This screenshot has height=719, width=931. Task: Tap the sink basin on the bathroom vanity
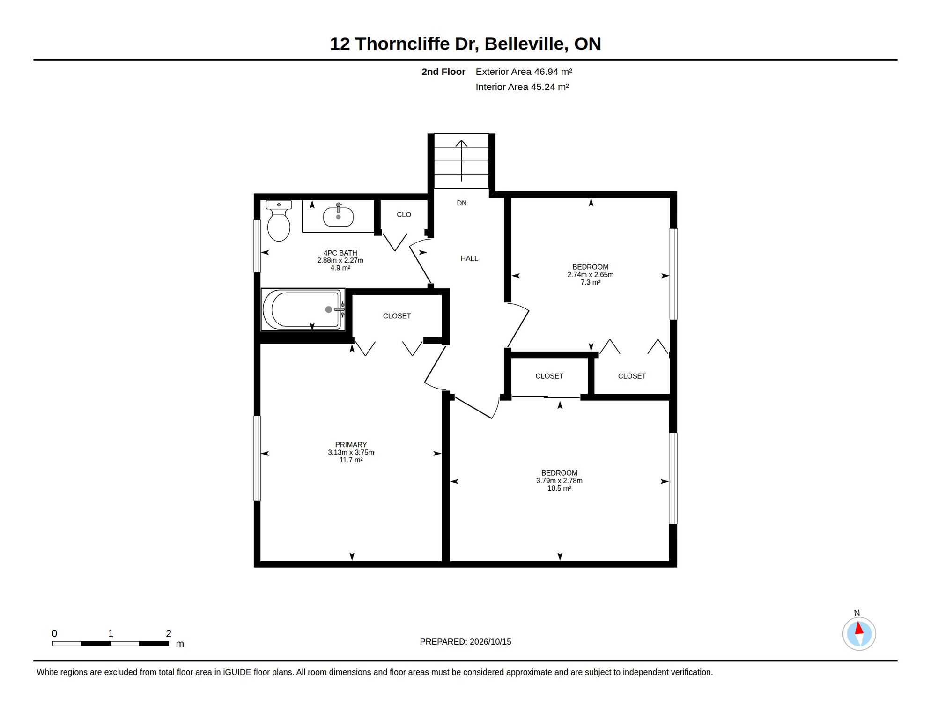pyautogui.click(x=338, y=217)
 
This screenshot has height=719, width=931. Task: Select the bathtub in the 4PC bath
pyautogui.click(x=303, y=309)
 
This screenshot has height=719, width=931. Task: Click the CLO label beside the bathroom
pyautogui.click(x=404, y=214)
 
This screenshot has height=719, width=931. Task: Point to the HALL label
pyautogui.click(x=469, y=258)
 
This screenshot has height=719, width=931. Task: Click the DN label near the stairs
pyautogui.click(x=462, y=203)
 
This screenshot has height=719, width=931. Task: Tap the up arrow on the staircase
pyautogui.click(x=462, y=161)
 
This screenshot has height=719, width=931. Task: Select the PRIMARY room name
pyautogui.click(x=351, y=445)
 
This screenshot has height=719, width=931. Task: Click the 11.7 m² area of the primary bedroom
pyautogui.click(x=351, y=460)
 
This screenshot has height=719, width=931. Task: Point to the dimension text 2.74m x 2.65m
pyautogui.click(x=590, y=275)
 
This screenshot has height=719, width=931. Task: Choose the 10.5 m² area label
pyautogui.click(x=559, y=488)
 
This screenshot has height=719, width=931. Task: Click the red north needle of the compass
pyautogui.click(x=859, y=628)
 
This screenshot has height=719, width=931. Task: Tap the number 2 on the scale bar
pyautogui.click(x=169, y=633)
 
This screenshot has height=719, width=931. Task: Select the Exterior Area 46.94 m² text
pyautogui.click(x=524, y=72)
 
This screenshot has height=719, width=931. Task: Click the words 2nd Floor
pyautogui.click(x=443, y=72)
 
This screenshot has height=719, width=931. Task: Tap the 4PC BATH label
pyautogui.click(x=340, y=253)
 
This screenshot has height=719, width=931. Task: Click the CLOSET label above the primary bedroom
pyautogui.click(x=397, y=316)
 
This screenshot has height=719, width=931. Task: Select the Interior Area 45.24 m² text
pyautogui.click(x=522, y=87)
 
